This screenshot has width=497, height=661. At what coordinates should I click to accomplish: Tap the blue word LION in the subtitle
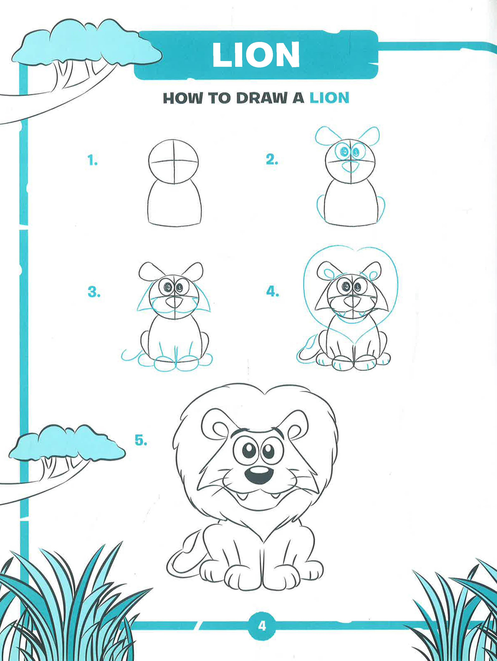point(329,98)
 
